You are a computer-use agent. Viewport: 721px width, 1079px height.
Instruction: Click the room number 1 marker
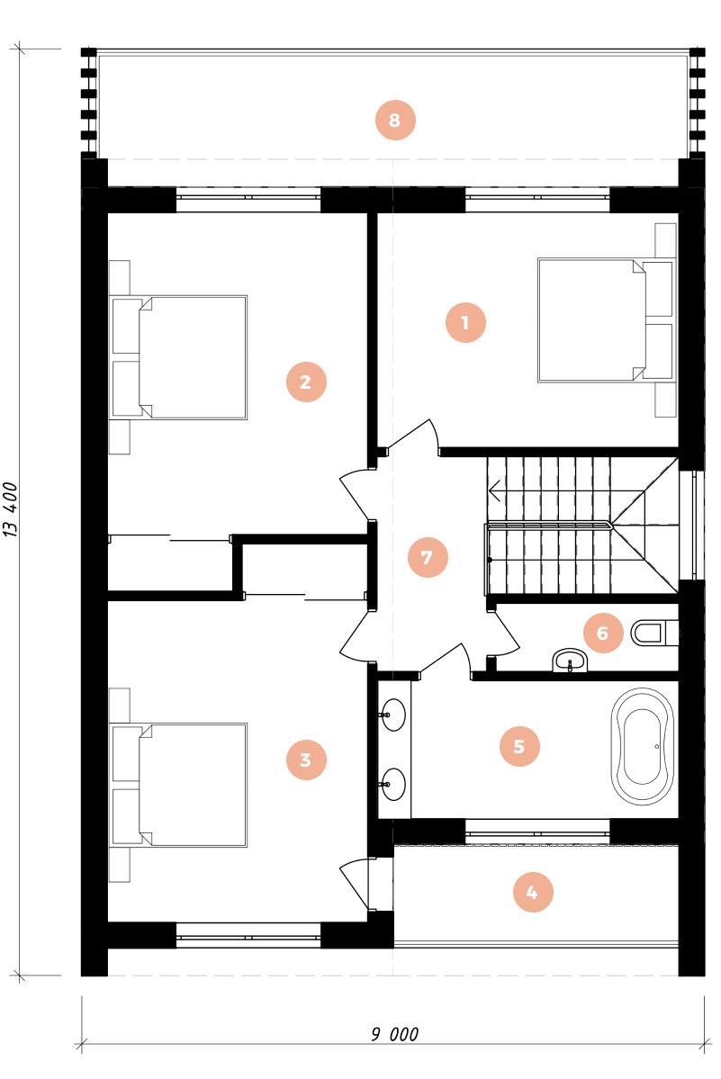[465, 322]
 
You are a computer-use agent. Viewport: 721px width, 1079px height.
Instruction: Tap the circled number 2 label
[306, 382]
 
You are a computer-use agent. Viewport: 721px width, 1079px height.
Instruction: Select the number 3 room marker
[306, 760]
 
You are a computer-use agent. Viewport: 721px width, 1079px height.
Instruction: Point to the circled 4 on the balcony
[533, 893]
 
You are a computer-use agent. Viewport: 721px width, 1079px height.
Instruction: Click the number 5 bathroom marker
[519, 746]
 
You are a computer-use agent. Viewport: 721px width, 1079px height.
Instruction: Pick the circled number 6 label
[603, 633]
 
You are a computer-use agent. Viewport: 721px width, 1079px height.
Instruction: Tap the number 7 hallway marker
[428, 557]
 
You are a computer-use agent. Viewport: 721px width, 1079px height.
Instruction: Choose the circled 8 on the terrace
[395, 120]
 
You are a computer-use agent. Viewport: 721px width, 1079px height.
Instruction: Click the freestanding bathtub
[643, 747]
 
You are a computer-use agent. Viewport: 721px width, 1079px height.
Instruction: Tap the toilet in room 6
[653, 633]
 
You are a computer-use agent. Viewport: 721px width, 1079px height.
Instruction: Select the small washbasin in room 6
[571, 661]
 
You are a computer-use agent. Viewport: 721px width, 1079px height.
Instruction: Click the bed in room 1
[606, 320]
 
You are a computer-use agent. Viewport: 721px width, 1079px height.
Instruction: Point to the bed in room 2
[179, 357]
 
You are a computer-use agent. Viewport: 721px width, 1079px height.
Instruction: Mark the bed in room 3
[179, 785]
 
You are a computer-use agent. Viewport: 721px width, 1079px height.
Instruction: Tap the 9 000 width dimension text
[395, 1034]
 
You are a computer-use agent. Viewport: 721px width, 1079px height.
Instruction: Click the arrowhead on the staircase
[494, 491]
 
